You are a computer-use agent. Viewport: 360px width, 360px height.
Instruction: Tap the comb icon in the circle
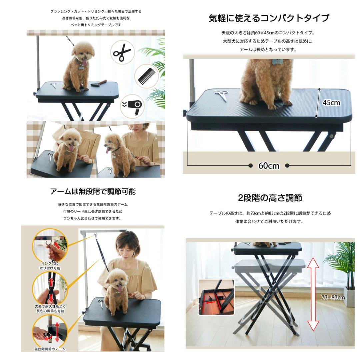point(146,77)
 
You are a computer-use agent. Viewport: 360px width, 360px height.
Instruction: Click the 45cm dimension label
point(331,103)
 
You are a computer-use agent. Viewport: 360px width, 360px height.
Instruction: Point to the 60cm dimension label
point(269,166)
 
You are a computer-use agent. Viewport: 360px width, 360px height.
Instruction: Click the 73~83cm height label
point(333,298)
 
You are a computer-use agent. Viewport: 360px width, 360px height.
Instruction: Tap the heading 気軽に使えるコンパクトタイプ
point(269,18)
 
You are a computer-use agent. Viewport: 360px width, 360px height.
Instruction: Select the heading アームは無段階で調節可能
point(93,191)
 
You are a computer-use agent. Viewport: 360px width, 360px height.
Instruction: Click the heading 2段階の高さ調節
point(270,198)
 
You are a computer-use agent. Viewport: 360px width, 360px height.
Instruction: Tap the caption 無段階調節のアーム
point(50,349)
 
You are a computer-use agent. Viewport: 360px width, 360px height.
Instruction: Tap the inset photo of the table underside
point(216,297)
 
